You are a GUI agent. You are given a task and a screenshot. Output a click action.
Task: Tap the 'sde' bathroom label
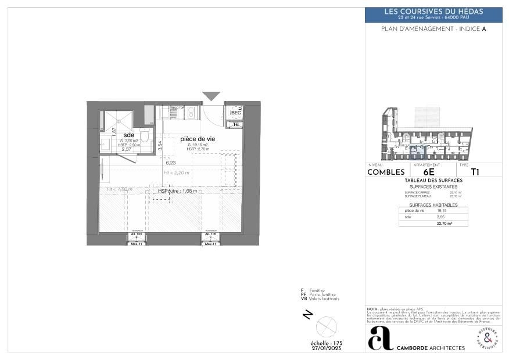[128, 135]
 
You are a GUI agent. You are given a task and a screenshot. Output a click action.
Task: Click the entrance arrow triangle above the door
[211, 96]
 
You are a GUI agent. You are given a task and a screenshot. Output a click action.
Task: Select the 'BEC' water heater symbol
[235, 113]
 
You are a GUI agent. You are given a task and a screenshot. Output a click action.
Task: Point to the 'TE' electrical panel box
[235, 124]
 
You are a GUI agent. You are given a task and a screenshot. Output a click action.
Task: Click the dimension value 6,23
[170, 163]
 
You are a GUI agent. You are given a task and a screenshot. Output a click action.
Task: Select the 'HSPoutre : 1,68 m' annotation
[174, 190]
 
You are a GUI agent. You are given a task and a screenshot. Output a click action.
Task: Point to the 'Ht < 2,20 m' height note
[176, 172]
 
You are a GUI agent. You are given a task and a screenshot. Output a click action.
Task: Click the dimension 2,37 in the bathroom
[127, 149]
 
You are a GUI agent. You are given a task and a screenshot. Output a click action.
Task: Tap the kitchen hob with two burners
[192, 113]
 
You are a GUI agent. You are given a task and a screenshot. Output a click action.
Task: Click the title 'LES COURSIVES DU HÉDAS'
[433, 12]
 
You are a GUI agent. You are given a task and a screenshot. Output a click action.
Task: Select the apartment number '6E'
[429, 172]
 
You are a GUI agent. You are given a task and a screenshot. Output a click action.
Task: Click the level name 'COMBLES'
[386, 172]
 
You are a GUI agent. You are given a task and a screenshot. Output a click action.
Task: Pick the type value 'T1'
[475, 172]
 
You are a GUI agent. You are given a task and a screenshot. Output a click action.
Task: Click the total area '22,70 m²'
[445, 222]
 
